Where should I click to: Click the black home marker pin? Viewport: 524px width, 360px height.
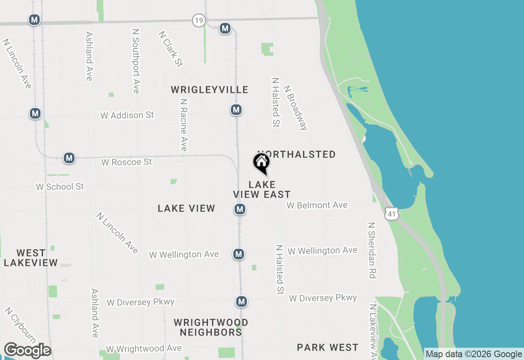[261, 162]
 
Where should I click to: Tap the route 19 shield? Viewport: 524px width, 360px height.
[199, 20]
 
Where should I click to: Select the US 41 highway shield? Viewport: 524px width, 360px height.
[392, 214]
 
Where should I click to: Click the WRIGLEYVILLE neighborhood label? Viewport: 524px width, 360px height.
[210, 90]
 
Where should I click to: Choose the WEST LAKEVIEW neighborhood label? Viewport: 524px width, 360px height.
[31, 258]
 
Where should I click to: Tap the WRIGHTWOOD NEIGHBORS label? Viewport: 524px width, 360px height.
[211, 327]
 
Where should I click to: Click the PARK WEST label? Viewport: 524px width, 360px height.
[327, 347]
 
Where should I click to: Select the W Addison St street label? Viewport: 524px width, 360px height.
[127, 115]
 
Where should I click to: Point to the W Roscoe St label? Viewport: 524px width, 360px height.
[126, 162]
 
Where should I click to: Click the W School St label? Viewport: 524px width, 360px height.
[60, 187]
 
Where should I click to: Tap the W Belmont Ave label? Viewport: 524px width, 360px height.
[317, 205]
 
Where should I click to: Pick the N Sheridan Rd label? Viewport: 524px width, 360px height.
[372, 250]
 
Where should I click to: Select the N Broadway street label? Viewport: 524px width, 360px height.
[295, 108]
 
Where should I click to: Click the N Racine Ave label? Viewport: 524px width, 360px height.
[184, 125]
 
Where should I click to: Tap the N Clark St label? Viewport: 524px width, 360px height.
[171, 49]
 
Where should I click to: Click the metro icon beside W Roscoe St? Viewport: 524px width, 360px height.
[69, 158]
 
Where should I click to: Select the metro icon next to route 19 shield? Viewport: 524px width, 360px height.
[225, 28]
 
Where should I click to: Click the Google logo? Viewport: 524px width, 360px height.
[27, 351]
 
